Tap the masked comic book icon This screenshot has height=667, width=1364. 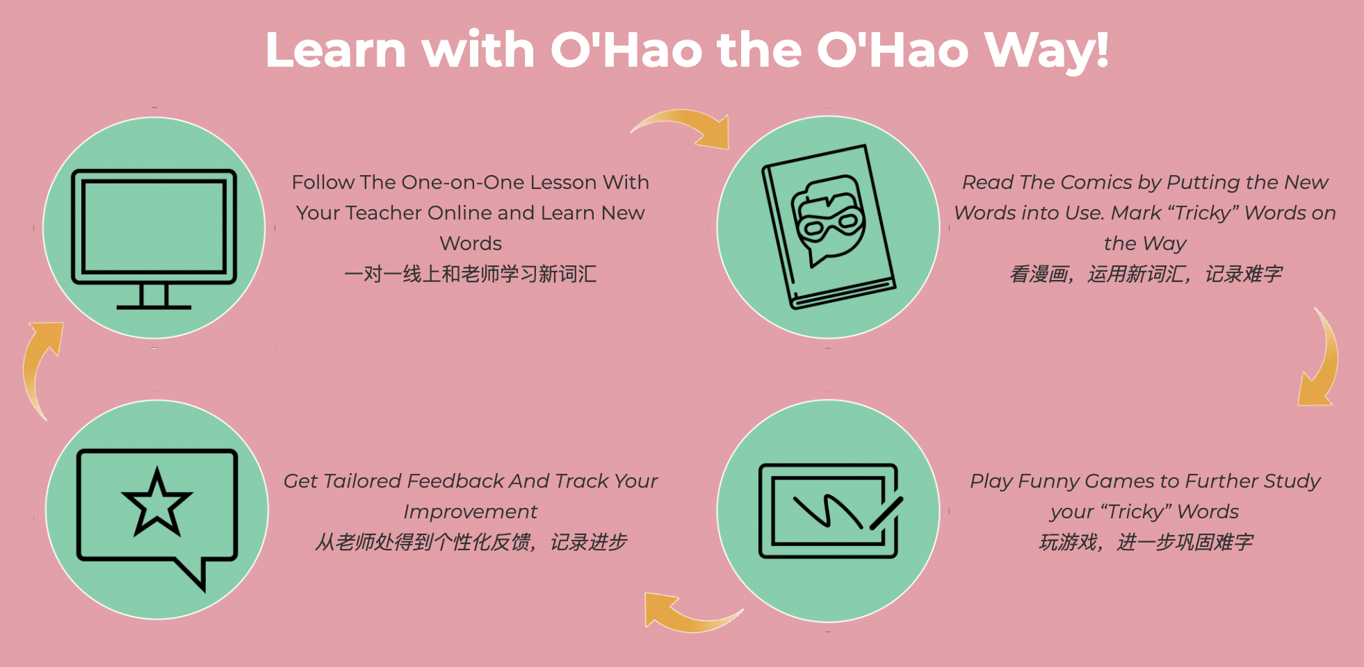click(829, 227)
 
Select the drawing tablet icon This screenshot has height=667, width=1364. click(829, 511)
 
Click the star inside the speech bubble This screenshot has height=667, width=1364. click(156, 502)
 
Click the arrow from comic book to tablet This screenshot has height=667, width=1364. click(1324, 358)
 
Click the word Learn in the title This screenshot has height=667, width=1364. click(336, 50)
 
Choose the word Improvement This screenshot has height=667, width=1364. click(471, 512)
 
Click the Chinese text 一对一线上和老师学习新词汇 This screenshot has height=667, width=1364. click(471, 274)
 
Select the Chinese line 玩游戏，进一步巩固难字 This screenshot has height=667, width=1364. click(1146, 542)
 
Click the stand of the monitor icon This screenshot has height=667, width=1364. click(154, 297)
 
